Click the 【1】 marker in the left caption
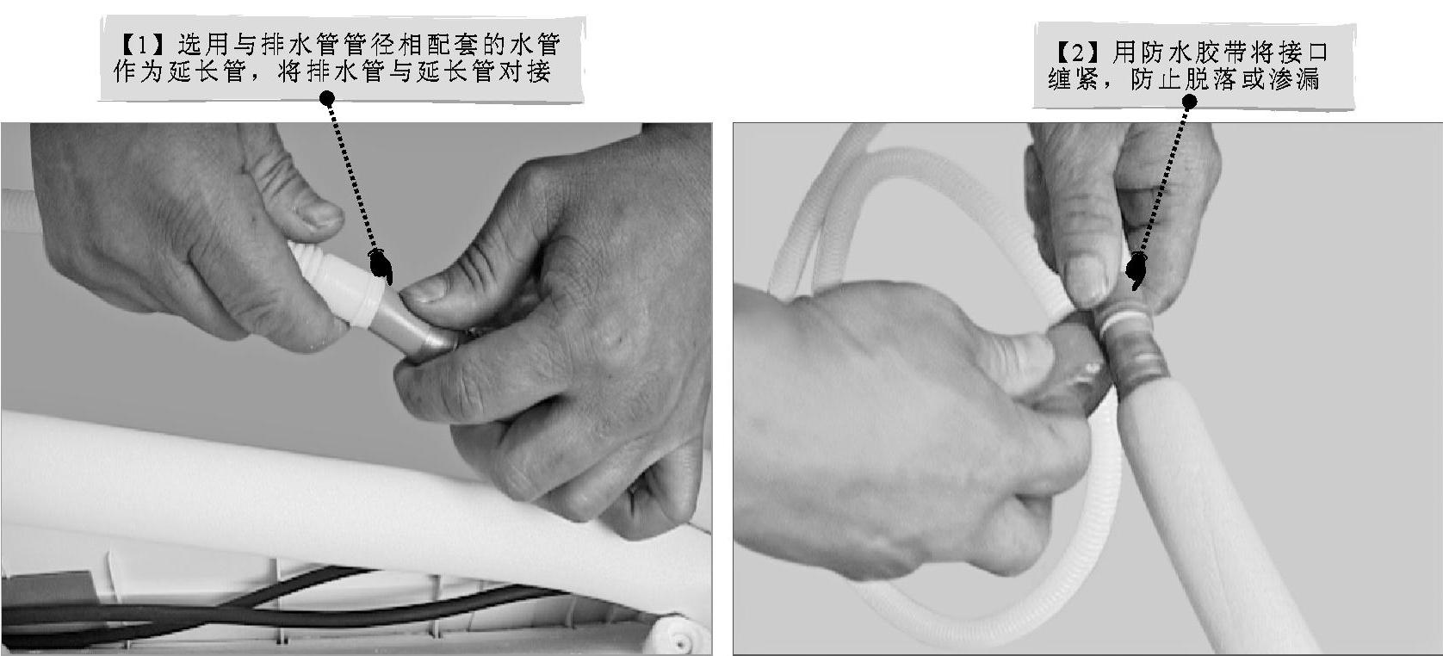click(142, 45)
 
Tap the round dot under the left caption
click(327, 99)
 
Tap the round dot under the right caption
click(1189, 102)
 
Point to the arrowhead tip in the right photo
click(1135, 289)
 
